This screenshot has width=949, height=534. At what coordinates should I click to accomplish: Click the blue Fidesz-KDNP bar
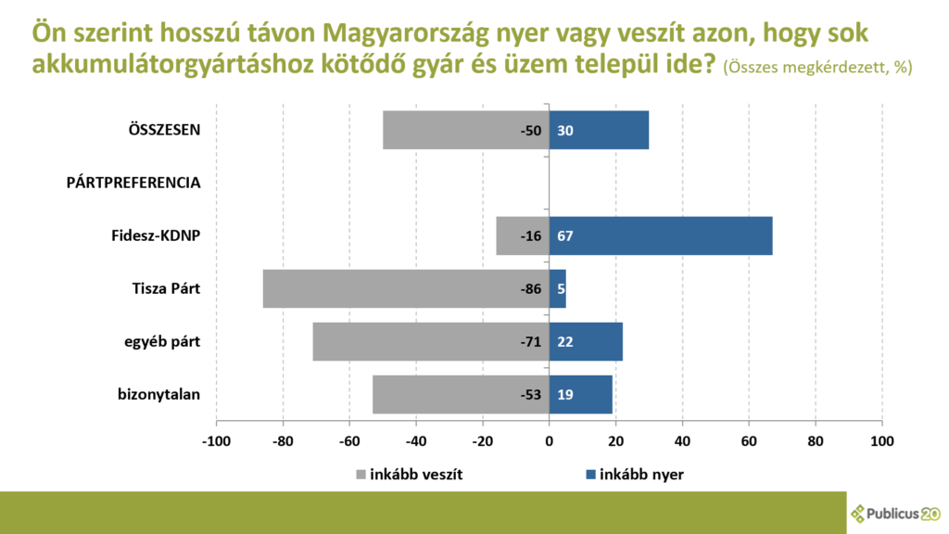[x=660, y=235]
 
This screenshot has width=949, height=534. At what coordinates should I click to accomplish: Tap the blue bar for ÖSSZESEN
[x=599, y=130]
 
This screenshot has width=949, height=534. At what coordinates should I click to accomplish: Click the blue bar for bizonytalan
[x=581, y=394]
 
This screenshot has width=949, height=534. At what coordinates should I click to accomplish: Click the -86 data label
[x=530, y=289]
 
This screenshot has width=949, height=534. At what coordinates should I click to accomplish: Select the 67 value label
[x=564, y=236]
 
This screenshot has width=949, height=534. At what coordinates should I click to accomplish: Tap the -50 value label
[x=530, y=131]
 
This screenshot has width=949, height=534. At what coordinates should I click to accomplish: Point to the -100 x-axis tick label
[x=216, y=440]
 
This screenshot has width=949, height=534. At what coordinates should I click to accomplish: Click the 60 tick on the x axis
[x=749, y=440]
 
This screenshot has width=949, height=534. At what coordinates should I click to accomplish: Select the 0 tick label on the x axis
[x=549, y=440]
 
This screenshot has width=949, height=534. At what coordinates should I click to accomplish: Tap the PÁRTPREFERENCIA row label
[x=133, y=183]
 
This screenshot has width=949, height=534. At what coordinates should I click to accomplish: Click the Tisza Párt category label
[x=166, y=289]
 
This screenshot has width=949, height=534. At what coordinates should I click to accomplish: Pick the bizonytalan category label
[x=159, y=395]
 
